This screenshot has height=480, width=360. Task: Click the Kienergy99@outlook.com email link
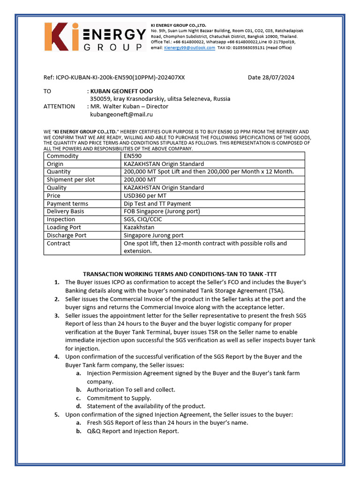click(x=189, y=48)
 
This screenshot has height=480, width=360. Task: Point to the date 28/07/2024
click(x=271, y=77)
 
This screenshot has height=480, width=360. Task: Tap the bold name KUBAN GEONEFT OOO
click(x=121, y=91)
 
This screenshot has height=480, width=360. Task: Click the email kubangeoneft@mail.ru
click(x=121, y=114)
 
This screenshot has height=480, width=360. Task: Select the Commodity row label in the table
click(x=63, y=156)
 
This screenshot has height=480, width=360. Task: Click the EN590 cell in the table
click(x=133, y=156)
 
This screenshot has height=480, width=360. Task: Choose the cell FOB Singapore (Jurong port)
click(x=162, y=211)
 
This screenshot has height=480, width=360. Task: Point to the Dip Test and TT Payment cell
click(x=157, y=203)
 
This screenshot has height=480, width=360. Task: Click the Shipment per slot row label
click(x=71, y=180)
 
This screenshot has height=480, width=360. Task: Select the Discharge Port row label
click(x=67, y=235)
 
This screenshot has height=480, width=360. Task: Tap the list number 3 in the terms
click(x=56, y=316)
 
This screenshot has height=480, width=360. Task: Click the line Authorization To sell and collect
click(x=131, y=390)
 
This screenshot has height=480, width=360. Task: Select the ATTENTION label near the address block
click(x=59, y=106)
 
